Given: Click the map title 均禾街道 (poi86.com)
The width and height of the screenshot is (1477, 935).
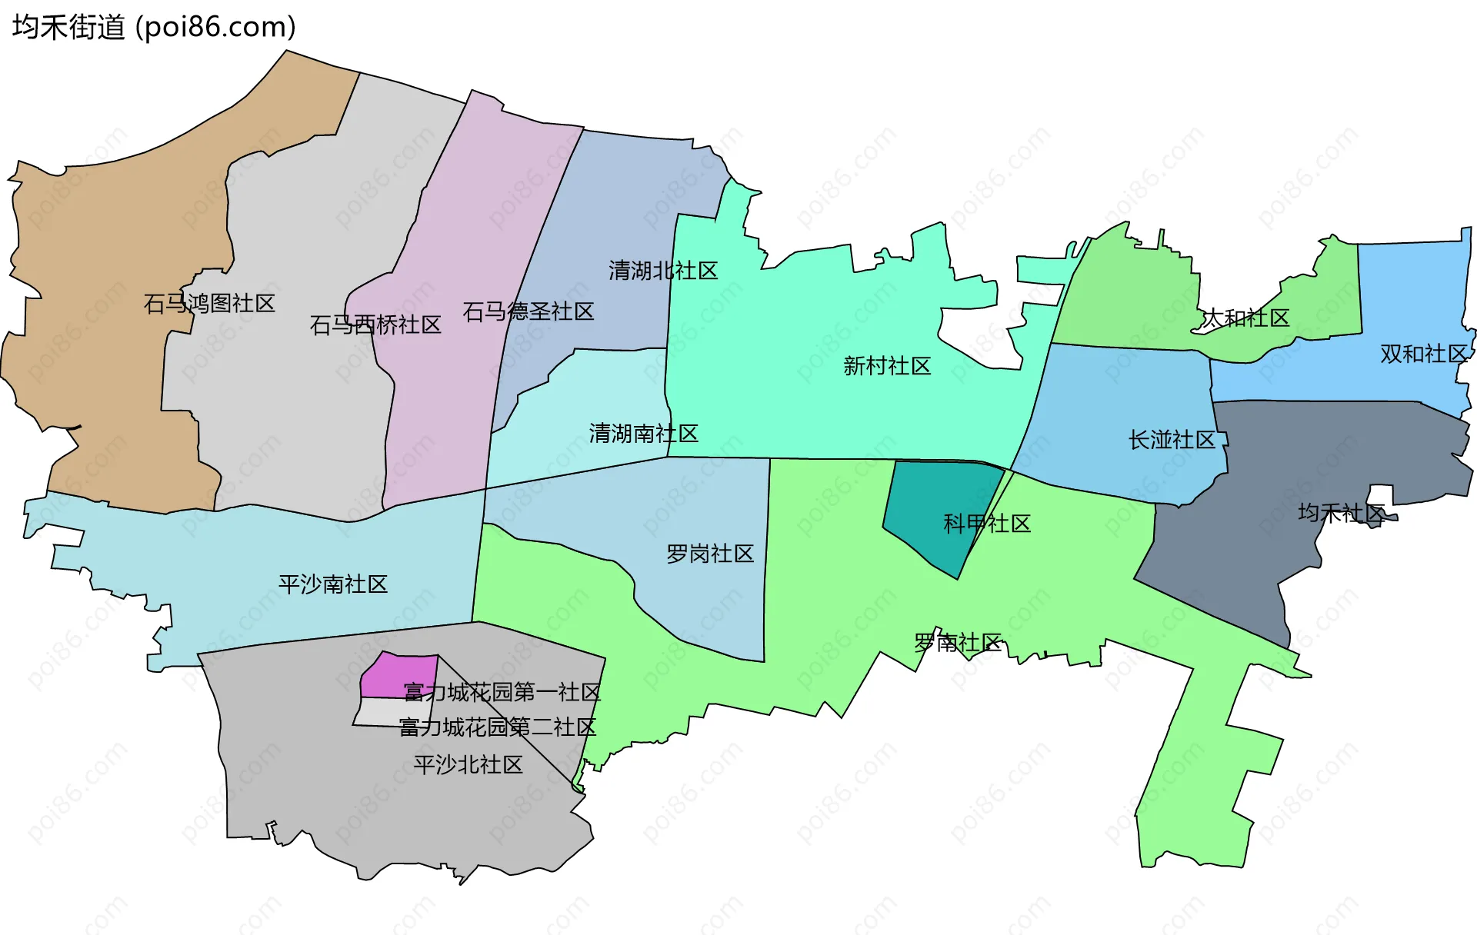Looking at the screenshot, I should click(154, 28).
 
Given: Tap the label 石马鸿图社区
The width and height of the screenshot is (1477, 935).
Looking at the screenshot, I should click(209, 304).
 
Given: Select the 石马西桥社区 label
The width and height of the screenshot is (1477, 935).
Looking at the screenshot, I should click(375, 325).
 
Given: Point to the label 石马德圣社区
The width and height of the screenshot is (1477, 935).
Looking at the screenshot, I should click(528, 311).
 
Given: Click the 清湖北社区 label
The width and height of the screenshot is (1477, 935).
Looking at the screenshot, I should click(663, 271).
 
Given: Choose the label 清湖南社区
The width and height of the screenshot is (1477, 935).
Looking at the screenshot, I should click(644, 434).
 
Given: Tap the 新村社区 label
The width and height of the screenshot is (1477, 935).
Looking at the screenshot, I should click(887, 366).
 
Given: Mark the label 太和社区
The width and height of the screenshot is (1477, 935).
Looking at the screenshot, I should click(1245, 318).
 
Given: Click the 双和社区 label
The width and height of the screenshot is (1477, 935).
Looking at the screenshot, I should click(1424, 354).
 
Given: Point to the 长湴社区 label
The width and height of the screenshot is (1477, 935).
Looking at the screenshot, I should click(1172, 440).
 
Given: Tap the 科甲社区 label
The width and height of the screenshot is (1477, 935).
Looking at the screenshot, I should click(987, 524).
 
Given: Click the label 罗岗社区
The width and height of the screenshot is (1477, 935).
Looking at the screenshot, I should click(710, 554).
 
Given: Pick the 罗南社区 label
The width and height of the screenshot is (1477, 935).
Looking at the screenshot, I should click(958, 643).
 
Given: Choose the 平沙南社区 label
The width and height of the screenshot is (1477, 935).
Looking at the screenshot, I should click(333, 584).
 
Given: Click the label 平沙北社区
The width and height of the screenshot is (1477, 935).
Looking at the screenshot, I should click(468, 764).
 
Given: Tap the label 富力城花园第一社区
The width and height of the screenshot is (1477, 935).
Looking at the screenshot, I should click(502, 692).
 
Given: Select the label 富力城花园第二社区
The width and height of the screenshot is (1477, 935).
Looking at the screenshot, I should click(498, 727).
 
